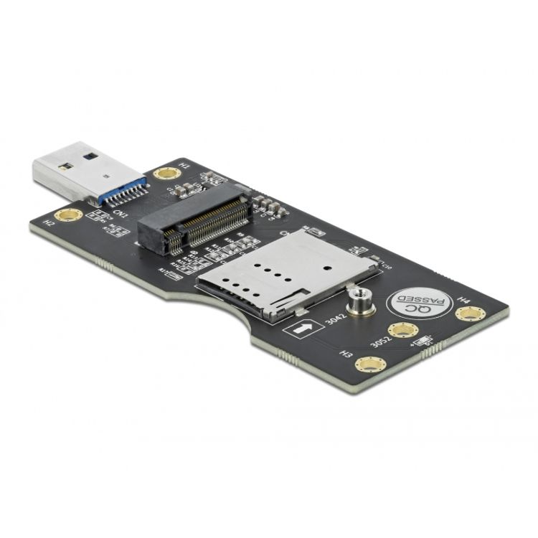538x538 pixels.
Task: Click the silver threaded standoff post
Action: [358, 303]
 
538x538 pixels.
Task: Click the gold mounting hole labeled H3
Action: [369, 365]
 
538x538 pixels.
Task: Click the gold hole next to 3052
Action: [402, 331]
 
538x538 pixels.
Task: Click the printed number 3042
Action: [334, 317]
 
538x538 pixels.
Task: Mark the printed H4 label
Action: [463, 298]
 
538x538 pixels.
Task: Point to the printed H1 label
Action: [186, 166]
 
